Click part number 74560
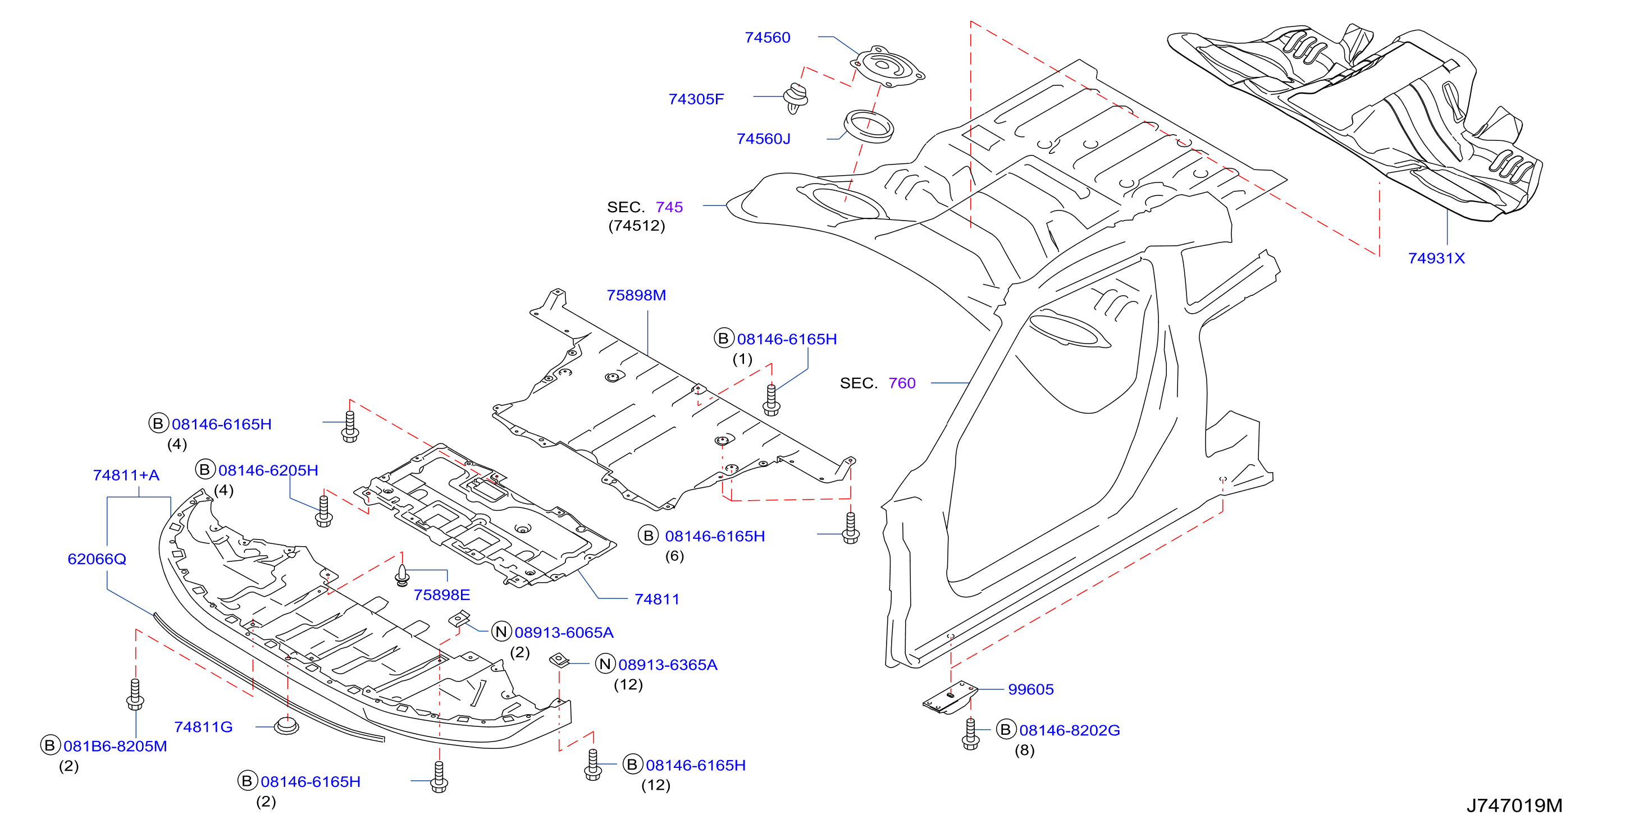coord(767,38)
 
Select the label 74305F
coord(696,99)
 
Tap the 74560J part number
coord(763,139)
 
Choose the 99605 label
coord(1031,690)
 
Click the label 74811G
coord(203,727)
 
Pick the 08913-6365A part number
coord(668,665)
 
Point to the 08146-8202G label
coord(1069,731)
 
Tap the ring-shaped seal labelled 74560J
coord(869,127)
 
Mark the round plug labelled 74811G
coord(286,726)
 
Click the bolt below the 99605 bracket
coord(970,735)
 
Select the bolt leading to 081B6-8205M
coord(135,694)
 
